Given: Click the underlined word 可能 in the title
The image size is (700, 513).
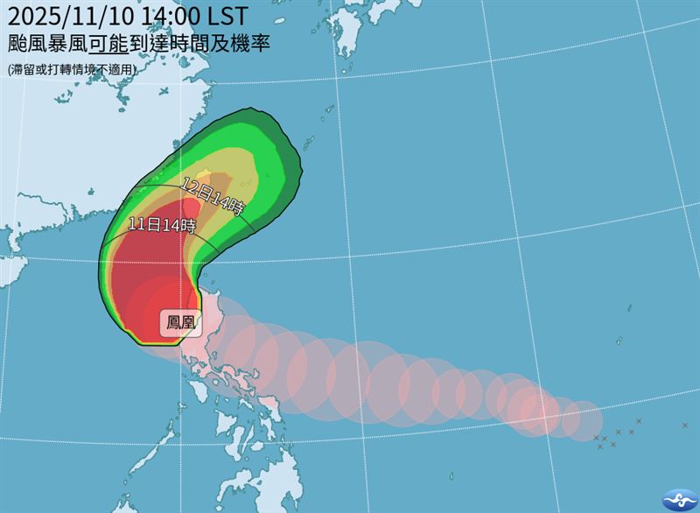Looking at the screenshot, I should (x=132, y=43).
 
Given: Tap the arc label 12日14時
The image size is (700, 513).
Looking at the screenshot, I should (x=213, y=194).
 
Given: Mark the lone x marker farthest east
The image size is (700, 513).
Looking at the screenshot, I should (x=685, y=425).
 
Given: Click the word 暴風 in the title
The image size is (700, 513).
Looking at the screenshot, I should (x=80, y=43).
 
